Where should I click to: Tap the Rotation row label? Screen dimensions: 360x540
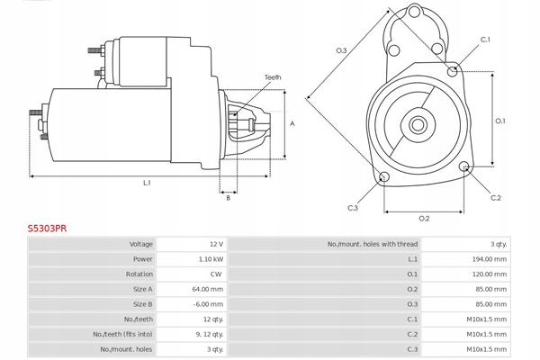point(139,274)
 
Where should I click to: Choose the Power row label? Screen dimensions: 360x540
point(142,259)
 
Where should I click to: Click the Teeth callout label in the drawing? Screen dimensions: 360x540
point(273,77)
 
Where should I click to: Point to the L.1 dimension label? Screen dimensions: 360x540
point(146,183)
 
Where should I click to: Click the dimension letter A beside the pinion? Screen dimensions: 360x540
point(292,122)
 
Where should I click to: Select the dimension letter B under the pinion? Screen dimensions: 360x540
point(229,198)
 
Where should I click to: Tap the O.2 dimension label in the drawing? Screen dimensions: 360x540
point(424,219)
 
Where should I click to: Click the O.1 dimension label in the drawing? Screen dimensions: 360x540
point(500,121)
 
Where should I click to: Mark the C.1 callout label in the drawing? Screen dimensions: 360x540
point(485,40)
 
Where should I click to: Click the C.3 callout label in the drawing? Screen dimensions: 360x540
point(353,208)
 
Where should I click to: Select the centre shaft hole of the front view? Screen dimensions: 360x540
point(418,122)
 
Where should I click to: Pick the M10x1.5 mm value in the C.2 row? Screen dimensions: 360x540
point(490,335)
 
